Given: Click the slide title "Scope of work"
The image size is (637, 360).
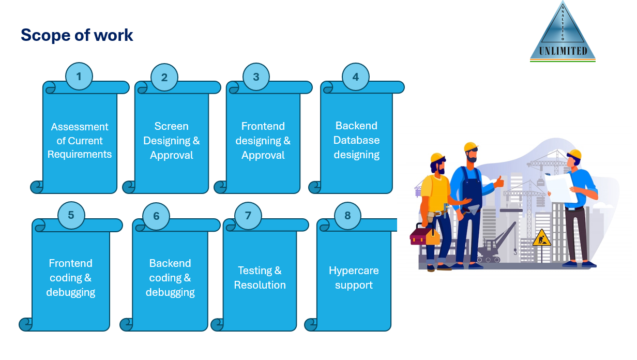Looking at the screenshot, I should pyautogui.click(x=77, y=35).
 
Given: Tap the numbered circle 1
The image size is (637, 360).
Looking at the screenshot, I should pyautogui.click(x=79, y=77).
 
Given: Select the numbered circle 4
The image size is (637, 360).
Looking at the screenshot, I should pyautogui.click(x=356, y=77).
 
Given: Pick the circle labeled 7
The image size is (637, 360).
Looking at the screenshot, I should pyautogui.click(x=248, y=215).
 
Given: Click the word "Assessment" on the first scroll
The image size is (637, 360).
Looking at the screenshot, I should pyautogui.click(x=80, y=127).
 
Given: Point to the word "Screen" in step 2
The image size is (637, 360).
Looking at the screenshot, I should pyautogui.click(x=171, y=126).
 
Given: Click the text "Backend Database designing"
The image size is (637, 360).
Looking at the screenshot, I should pyautogui.click(x=356, y=140).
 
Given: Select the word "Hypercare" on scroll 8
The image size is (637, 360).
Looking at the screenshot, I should pyautogui.click(x=354, y=271).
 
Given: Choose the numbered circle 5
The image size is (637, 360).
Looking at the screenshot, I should pyautogui.click(x=71, y=215).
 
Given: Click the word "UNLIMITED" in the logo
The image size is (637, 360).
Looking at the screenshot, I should pyautogui.click(x=563, y=51).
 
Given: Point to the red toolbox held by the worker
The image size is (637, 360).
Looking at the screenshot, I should pyautogui.click(x=424, y=236).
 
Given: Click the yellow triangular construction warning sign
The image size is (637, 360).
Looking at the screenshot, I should pyautogui.click(x=541, y=238).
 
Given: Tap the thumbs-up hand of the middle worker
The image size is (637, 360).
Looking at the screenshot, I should pyautogui.click(x=499, y=182).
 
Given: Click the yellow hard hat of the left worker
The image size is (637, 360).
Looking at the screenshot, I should pyautogui.click(x=437, y=157).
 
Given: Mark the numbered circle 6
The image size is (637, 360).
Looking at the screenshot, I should pyautogui.click(x=156, y=216).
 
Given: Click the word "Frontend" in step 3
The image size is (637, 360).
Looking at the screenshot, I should pyautogui.click(x=263, y=126).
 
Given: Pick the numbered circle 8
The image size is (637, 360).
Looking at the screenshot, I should pyautogui.click(x=347, y=215).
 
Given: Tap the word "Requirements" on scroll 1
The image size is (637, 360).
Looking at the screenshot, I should pyautogui.click(x=80, y=154).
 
